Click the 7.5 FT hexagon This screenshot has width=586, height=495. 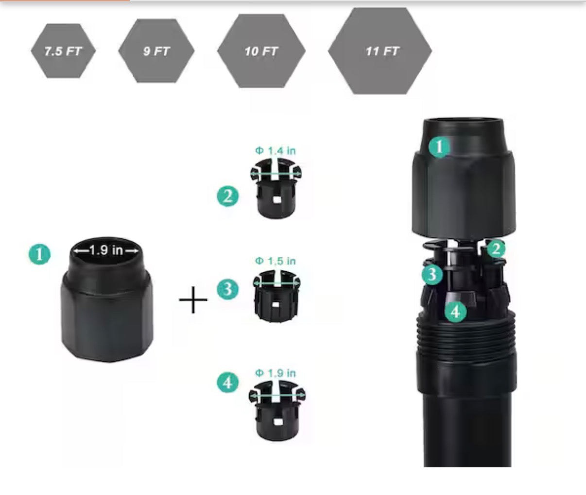click(63, 51)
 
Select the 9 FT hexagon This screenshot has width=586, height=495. click(156, 51)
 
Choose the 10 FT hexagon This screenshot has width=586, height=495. click(261, 51)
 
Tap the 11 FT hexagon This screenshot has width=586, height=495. click(380, 51)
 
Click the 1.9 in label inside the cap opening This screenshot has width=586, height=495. click(106, 250)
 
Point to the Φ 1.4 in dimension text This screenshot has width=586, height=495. click(276, 150)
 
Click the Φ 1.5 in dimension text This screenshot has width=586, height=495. click(276, 261)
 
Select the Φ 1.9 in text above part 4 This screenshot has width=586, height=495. click(276, 373)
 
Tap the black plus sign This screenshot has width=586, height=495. click(193, 299)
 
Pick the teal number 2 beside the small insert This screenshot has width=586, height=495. click(228, 196)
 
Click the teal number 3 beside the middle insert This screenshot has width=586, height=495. click(228, 289)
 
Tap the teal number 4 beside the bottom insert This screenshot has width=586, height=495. click(228, 382)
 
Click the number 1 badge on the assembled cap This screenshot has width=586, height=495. click(439, 147)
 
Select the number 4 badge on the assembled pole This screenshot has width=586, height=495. click(456, 312)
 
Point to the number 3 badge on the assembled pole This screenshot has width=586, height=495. click(432, 274)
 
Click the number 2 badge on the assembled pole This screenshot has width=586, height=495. click(496, 249)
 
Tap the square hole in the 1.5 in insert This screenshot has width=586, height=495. click(275, 305)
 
